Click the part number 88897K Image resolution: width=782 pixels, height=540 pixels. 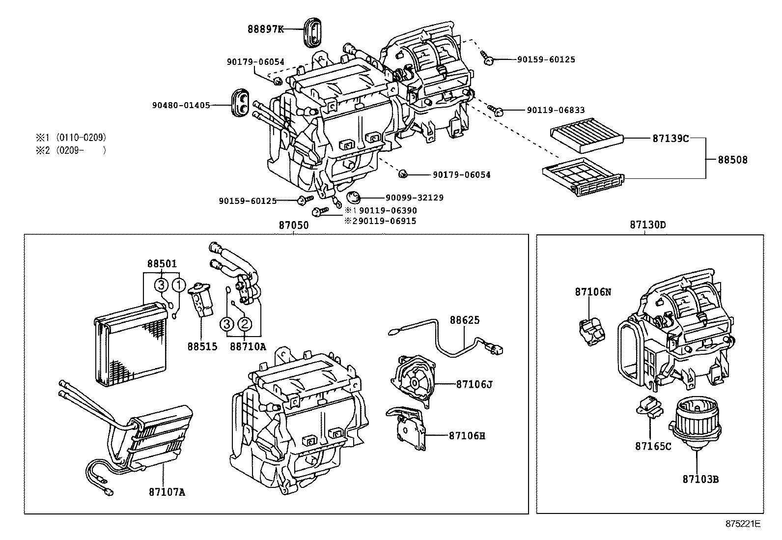click(265, 29)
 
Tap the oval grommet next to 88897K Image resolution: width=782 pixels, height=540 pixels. click(311, 32)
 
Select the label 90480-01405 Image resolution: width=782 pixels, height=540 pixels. click(181, 105)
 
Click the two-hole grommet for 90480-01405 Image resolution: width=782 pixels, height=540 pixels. click(241, 103)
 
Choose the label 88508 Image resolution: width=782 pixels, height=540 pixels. click(732, 160)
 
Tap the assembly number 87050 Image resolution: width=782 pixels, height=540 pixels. click(294, 226)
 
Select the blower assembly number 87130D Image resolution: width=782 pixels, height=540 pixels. click(648, 225)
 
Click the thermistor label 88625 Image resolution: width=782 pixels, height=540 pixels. click(465, 320)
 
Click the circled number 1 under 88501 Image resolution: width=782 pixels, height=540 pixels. click(179, 284)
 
